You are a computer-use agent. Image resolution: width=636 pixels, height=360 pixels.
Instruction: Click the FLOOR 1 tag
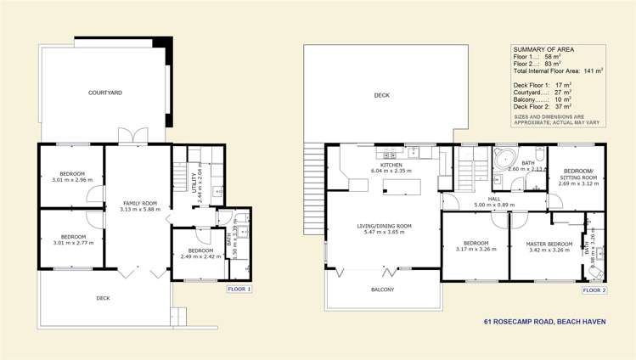(239, 290)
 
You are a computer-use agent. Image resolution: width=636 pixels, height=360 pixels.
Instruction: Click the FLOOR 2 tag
(594, 290)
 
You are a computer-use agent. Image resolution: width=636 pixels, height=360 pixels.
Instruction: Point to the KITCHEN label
(391, 166)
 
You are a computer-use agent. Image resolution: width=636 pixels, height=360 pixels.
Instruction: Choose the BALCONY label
(381, 290)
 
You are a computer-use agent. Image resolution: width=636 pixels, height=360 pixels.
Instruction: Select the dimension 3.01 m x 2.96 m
(70, 180)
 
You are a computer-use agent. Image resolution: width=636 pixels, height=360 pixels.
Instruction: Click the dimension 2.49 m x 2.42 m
(200, 256)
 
